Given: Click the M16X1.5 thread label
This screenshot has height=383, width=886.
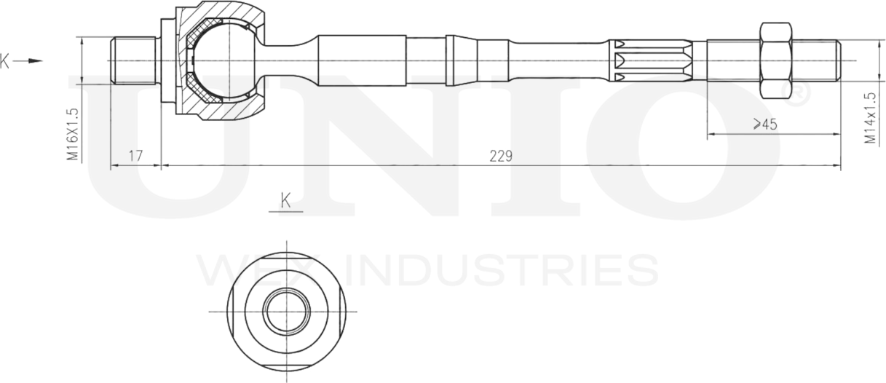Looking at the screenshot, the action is pyautogui.click(x=73, y=135).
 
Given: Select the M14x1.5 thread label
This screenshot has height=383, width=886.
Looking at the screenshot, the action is pyautogui.click(x=870, y=118).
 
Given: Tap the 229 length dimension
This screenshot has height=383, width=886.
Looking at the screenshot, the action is pyautogui.click(x=501, y=157).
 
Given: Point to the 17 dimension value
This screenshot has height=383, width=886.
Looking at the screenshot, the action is pyautogui.click(x=135, y=156).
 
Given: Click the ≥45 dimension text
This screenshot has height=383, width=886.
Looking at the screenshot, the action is pyautogui.click(x=765, y=125).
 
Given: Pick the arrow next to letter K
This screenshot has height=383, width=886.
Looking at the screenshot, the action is pyautogui.click(x=28, y=61).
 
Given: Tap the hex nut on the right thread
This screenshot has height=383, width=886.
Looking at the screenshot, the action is pyautogui.click(x=776, y=60).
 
